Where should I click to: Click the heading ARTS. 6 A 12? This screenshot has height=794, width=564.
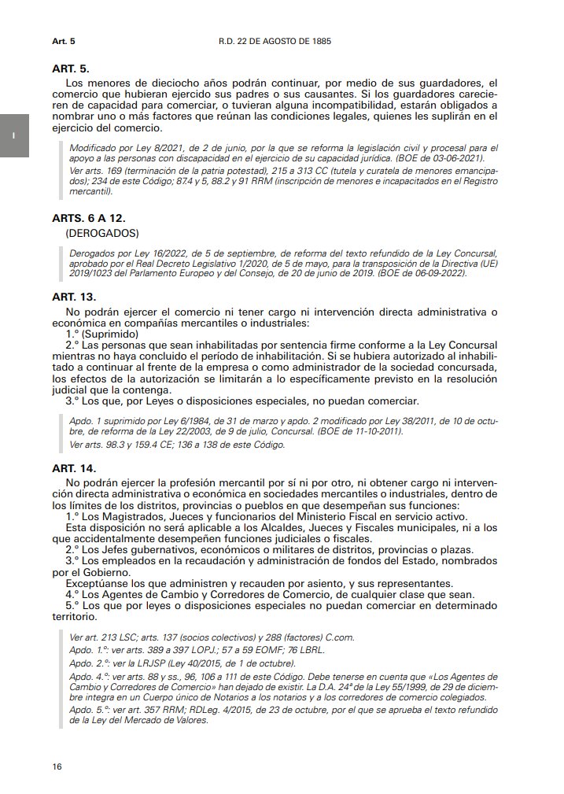[x=90, y=217]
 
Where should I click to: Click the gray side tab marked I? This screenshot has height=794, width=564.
[x=14, y=135]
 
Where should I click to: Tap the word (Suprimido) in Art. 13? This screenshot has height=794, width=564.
[x=112, y=334]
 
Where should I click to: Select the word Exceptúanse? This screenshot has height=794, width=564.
[x=99, y=583]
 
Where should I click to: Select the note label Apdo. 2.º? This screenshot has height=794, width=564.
[x=88, y=663]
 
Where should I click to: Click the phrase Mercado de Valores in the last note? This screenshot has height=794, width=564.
[x=169, y=719]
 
